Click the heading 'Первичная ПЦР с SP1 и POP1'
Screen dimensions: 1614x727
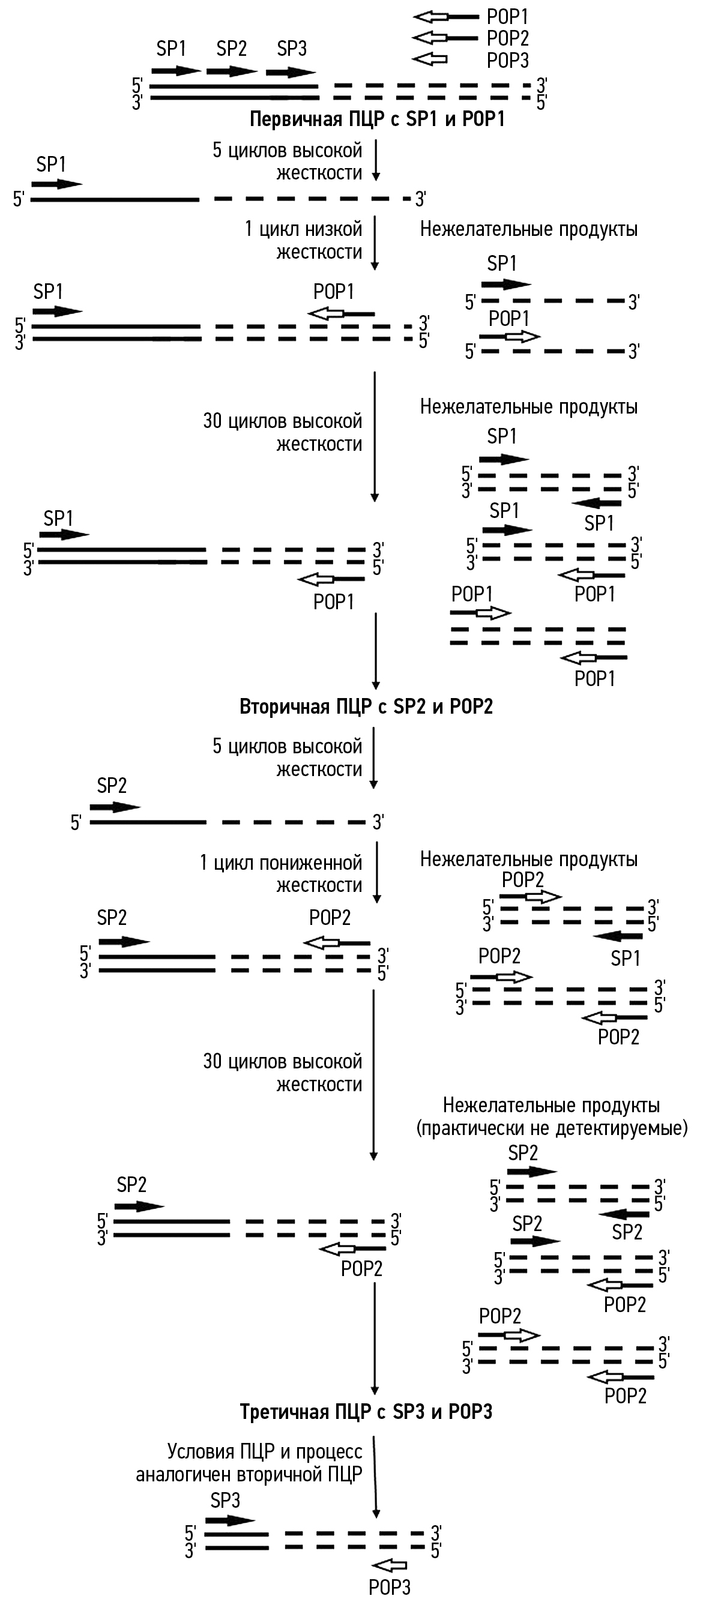pyautogui.click(x=376, y=119)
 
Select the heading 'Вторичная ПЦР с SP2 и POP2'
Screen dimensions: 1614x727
pyautogui.click(x=366, y=706)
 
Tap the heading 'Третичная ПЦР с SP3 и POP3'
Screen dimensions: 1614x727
pyautogui.click(x=366, y=1412)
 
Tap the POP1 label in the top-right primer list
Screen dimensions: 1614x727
pyautogui.click(x=508, y=17)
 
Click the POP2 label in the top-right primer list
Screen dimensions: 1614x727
pyautogui.click(x=508, y=38)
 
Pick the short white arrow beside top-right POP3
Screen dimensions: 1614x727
pyautogui.click(x=430, y=59)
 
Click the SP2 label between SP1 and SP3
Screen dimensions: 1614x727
pyautogui.click(x=231, y=48)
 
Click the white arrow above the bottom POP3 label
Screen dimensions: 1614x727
pyautogui.click(x=389, y=1565)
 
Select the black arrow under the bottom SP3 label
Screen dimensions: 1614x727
pyautogui.click(x=230, y=1520)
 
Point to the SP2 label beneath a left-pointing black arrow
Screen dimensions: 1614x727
pyautogui.click(x=627, y=1232)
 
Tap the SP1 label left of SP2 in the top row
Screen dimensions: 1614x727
pyautogui.click(x=170, y=48)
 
